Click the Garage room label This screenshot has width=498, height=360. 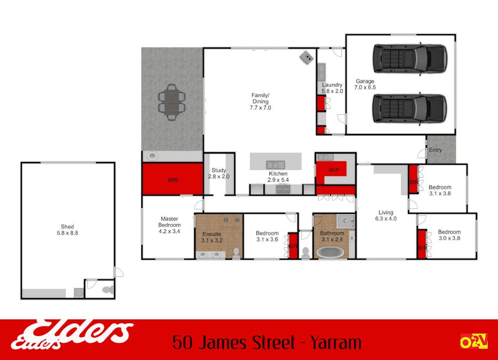pos(365,82)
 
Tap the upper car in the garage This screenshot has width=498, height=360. pos(409,59)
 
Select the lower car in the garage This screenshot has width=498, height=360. pos(409,108)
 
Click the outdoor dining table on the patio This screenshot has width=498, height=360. pos(172,102)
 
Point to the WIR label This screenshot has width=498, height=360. pos(173,180)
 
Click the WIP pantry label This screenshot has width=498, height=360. pos(334,170)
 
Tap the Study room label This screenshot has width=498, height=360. pos(219,170)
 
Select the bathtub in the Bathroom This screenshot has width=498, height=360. pos(330,252)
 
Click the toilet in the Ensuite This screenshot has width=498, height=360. pos(236,253)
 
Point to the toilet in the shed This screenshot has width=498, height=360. pos(109,290)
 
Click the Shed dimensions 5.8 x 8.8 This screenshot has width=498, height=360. pos(67,233)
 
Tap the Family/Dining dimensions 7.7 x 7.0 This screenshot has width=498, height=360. pos(260,108)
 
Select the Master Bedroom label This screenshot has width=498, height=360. pos(169,222)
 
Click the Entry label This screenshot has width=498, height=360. pos(435,150)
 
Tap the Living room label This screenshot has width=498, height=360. pos(386,213)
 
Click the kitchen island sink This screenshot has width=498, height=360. pos(275,165)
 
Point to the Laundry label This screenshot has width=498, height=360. pos(332,85)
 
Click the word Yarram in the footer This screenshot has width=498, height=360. pos(336,342)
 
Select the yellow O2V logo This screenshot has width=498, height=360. pos(474,341)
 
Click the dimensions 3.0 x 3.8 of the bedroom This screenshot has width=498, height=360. pos(449,238)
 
